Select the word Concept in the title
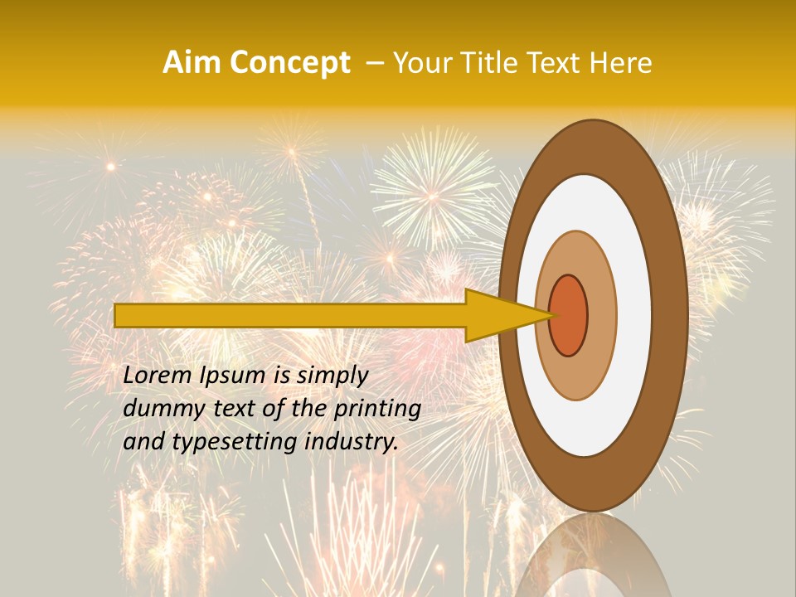(x=290, y=64)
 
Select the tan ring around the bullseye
(x=602, y=316)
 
